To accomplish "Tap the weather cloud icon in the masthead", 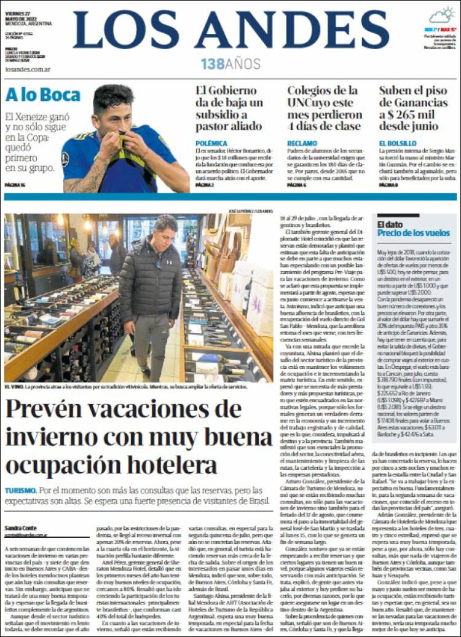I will coord(442,15).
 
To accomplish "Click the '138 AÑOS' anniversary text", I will coord(230,64).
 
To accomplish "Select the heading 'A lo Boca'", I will coord(43,95).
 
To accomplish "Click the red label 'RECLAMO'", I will coord(302,143).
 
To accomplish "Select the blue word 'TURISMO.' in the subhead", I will coord(20,491).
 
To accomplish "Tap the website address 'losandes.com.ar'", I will coord(27,69).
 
